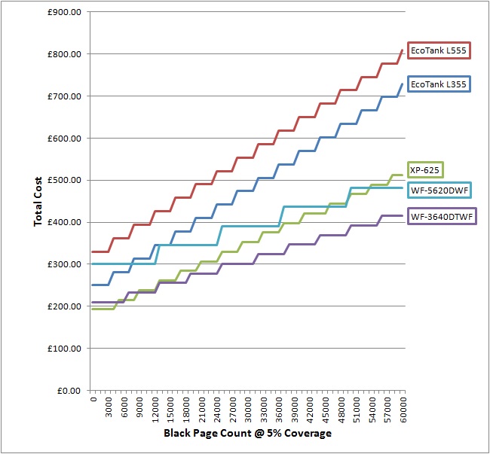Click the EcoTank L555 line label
438,51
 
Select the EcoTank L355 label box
439,84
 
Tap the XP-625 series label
425,169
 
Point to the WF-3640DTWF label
442,217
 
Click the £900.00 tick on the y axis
66,12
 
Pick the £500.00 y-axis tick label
66,180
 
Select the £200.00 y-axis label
66,306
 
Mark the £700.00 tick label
66,96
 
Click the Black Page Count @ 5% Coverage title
247,434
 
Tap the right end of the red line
402,50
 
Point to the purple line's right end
402,216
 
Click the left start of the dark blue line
91,285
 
